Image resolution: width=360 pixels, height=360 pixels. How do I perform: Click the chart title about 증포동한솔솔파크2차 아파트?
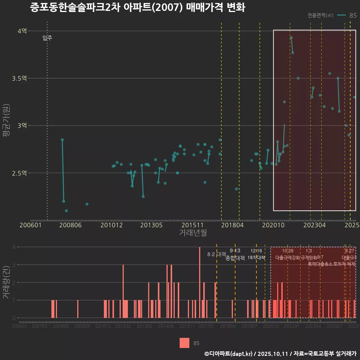click(137, 7)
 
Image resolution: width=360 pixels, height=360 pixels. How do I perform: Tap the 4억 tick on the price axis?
click(22, 31)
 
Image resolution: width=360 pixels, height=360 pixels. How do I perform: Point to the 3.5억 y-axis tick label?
click(19, 78)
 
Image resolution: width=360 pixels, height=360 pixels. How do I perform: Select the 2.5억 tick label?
click(19, 173)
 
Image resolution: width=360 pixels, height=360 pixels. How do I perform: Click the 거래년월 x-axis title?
click(193, 233)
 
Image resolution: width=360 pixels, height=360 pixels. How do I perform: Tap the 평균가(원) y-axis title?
click(6, 125)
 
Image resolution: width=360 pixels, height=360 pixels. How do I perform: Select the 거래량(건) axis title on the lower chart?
click(6, 282)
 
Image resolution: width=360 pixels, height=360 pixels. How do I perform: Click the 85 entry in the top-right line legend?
click(353, 15)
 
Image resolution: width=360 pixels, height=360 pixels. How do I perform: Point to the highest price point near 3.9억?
click(291, 37)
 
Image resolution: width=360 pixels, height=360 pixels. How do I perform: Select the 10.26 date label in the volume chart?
click(288, 250)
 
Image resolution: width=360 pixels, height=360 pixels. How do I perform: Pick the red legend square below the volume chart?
click(184, 343)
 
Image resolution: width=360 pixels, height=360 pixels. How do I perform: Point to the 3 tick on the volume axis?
click(14, 265)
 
